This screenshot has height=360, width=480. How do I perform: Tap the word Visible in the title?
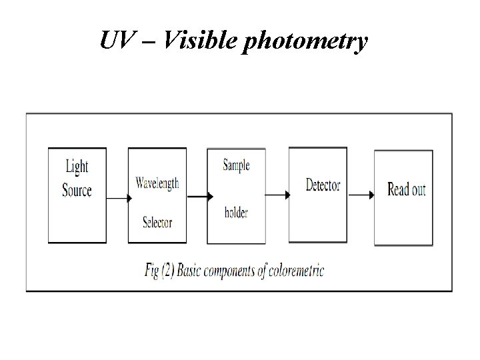(199, 41)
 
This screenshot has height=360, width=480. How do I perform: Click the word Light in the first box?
(77, 166)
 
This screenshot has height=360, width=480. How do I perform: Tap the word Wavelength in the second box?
(157, 183)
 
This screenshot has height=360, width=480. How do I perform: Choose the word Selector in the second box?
(157, 221)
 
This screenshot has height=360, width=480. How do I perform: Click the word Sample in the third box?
(236, 165)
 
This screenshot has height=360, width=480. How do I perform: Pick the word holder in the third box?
(236, 213)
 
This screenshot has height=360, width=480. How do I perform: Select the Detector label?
(323, 185)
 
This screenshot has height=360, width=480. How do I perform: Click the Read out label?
(406, 190)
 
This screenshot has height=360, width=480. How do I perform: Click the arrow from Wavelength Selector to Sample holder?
(199, 196)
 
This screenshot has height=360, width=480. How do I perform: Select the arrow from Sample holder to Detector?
(277, 195)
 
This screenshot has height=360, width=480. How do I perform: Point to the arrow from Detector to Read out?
(361, 195)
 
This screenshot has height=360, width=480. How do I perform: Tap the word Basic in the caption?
(197, 272)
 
